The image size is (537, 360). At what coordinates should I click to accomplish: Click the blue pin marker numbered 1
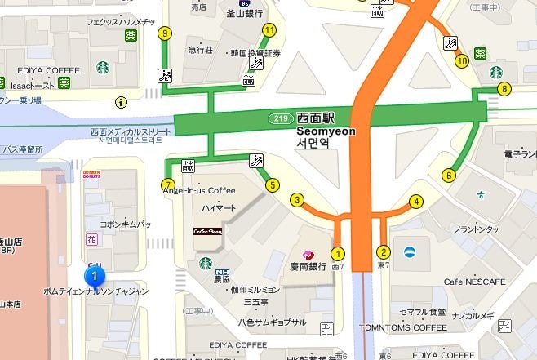(95, 277)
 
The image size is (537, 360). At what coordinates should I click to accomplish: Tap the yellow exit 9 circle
(166, 33)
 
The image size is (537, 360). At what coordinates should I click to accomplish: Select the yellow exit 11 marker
(268, 31)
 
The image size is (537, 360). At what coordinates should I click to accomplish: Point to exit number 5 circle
(273, 184)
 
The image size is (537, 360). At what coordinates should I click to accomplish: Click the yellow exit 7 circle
(168, 184)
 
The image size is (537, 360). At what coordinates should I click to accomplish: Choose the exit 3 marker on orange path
(297, 200)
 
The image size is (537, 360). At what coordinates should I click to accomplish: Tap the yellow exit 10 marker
(461, 60)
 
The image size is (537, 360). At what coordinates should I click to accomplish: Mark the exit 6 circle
(448, 174)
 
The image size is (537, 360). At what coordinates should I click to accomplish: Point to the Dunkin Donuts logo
(91, 174)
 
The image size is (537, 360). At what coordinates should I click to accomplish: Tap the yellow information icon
(122, 102)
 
